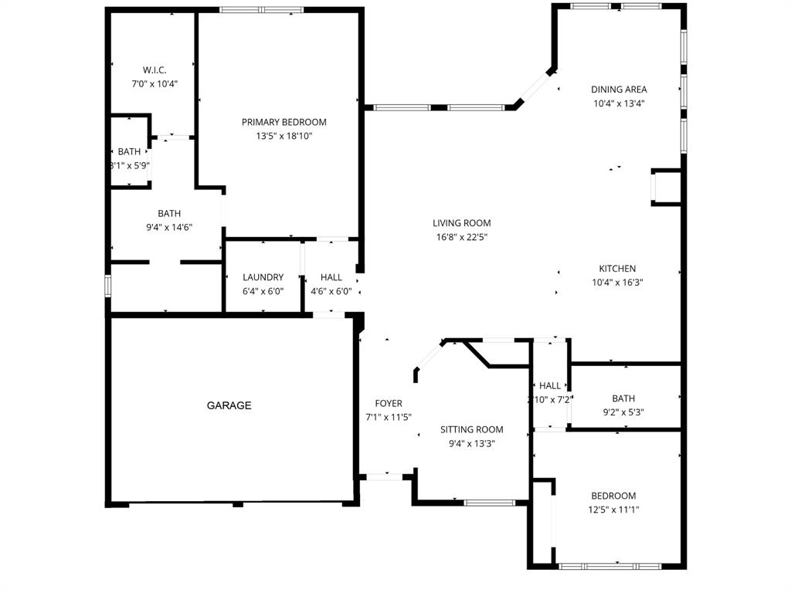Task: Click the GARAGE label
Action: coord(229,405)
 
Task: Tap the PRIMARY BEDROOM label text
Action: coord(283,122)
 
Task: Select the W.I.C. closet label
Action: coord(154,70)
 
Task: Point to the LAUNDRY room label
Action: coord(263,277)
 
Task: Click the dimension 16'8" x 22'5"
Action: coord(461,237)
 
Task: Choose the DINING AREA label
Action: coord(619,90)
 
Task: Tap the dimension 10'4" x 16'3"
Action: coord(617,283)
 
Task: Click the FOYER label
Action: coord(388,403)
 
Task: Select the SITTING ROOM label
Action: coord(471,429)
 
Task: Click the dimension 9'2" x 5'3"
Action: coord(623,412)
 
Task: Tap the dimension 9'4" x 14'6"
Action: coord(169,227)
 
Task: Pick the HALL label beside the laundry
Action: coord(331,277)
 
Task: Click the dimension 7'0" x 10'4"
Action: coord(154,83)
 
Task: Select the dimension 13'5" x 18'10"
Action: coord(283,136)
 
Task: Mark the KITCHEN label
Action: coord(617,269)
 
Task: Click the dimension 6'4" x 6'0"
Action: coord(263,291)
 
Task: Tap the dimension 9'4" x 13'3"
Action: coord(471,443)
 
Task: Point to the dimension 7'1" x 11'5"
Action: coord(388,417)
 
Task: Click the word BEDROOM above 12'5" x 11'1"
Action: coord(613,496)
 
